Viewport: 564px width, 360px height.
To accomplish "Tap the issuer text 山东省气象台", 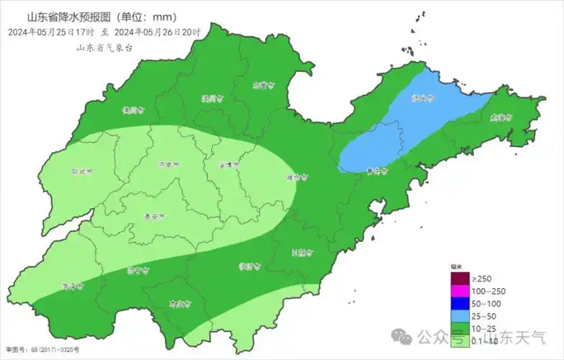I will [105, 48].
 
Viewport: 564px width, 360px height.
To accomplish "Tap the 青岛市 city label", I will [376, 172].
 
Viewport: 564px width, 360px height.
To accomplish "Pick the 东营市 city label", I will [264, 85].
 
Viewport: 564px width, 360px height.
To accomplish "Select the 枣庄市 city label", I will [178, 304].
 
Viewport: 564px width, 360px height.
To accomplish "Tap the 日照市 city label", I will [302, 253].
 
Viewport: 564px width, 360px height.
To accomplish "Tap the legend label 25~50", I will [483, 316].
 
